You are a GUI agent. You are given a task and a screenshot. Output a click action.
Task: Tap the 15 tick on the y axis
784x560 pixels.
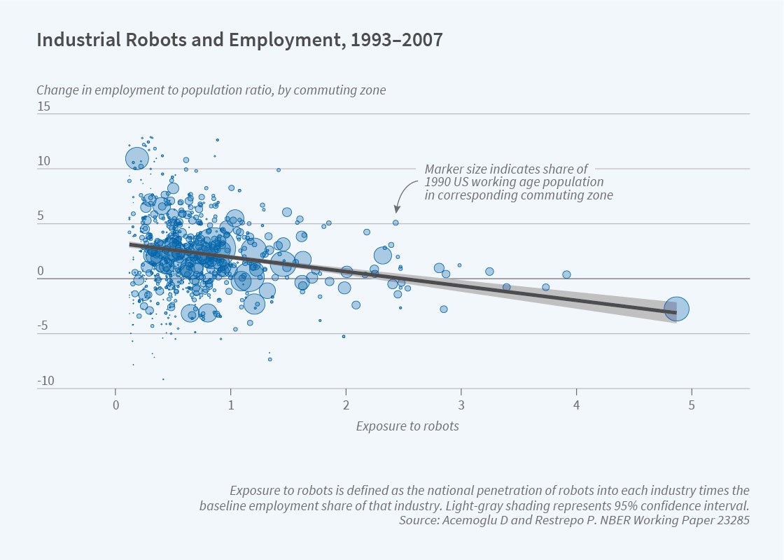43,106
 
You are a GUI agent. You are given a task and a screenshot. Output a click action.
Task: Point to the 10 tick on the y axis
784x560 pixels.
43,161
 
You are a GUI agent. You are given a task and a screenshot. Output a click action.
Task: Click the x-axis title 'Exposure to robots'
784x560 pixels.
407,426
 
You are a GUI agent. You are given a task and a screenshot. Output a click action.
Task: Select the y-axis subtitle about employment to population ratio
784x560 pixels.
211,90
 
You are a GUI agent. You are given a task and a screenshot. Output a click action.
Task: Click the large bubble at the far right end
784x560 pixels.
677,308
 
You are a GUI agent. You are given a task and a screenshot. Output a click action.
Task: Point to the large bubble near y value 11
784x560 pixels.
137,158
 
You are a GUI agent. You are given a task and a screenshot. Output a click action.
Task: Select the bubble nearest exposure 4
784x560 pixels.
566,274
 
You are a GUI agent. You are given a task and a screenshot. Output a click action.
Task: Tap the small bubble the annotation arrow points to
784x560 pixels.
395,223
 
